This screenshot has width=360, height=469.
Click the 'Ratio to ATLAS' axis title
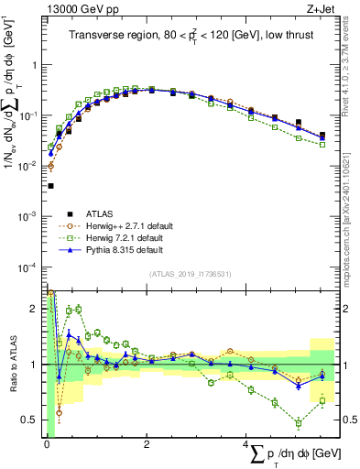(12, 364)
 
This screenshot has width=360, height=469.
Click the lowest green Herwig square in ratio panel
(299, 423)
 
